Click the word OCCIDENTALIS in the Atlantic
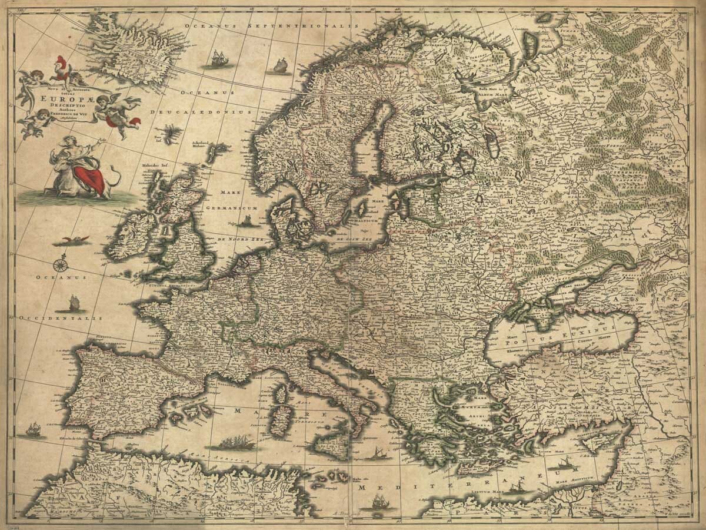pyautogui.click(x=61, y=317)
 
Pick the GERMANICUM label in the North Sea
pyautogui.click(x=233, y=208)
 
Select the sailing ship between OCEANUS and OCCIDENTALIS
pyautogui.click(x=71, y=304)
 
